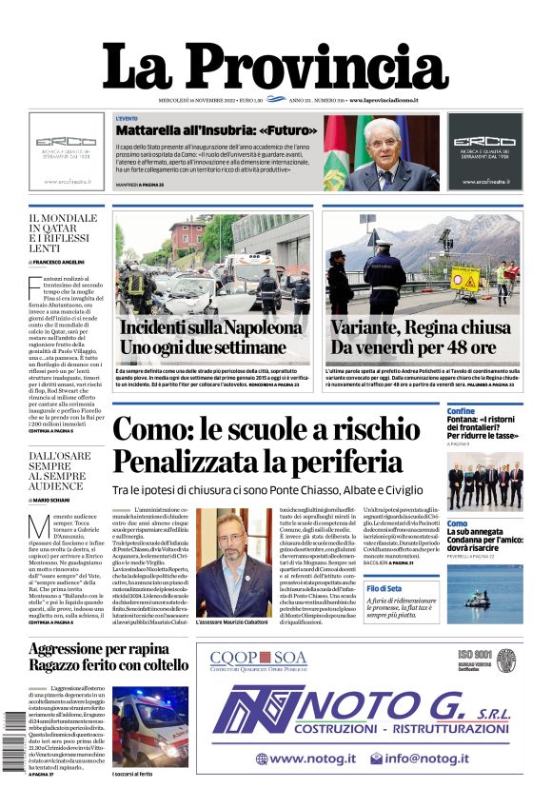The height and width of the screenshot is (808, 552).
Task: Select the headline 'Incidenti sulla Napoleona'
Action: pyautogui.click(x=211, y=327)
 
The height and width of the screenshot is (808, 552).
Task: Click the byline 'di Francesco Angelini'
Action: pyautogui.click(x=57, y=261)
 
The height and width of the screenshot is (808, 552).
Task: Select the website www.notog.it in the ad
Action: pyautogui.click(x=306, y=759)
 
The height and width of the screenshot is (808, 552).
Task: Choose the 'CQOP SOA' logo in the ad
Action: pyautogui.click(x=258, y=658)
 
